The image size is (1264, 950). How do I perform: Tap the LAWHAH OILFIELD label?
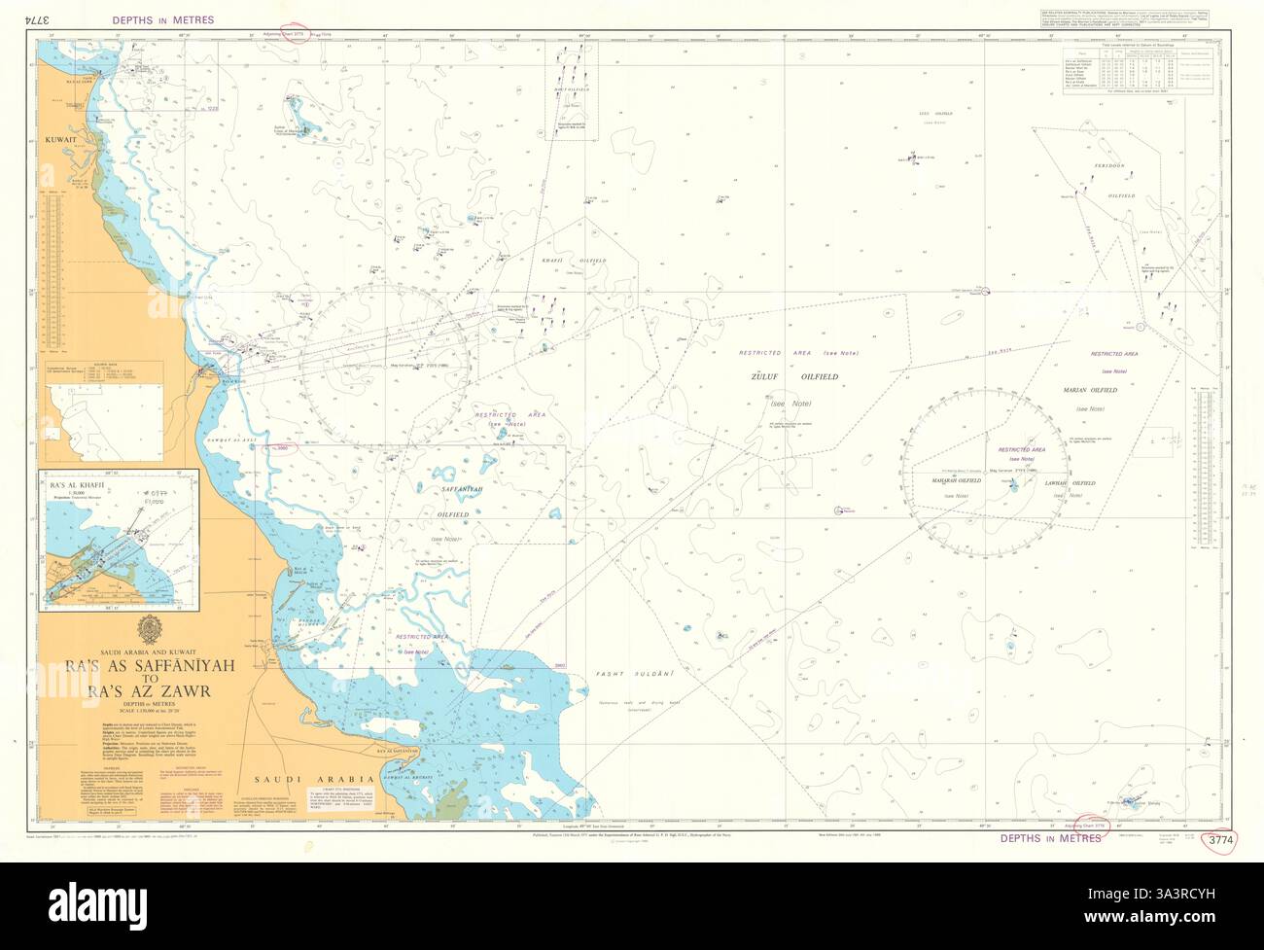tap(1069, 482)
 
